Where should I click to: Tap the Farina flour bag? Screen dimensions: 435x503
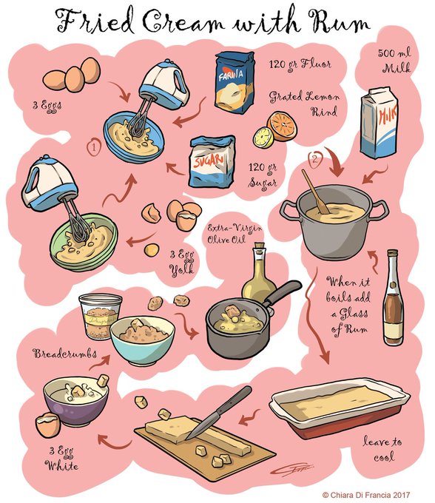point(235,82)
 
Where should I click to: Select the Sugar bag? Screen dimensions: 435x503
point(212,161)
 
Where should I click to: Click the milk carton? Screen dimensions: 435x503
point(380,123)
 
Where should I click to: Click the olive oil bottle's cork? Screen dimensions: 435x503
point(259,248)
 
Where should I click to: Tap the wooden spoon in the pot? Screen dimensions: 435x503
point(315,192)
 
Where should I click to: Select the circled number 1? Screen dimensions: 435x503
point(94,147)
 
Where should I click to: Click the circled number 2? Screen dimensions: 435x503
point(315,160)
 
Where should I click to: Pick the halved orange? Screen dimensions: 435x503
point(283,126)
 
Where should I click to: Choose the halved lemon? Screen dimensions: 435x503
point(263,138)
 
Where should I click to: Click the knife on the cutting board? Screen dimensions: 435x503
point(219,412)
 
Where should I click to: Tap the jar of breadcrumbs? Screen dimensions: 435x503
point(99,316)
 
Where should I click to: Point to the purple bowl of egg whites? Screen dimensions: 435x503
point(76,400)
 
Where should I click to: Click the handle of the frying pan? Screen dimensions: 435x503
point(283,293)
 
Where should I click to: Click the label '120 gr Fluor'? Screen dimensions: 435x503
point(300,64)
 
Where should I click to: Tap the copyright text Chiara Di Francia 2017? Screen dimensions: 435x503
point(366,495)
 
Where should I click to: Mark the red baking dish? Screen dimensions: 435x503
point(340,408)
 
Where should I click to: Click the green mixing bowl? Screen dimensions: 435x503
point(84,242)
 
